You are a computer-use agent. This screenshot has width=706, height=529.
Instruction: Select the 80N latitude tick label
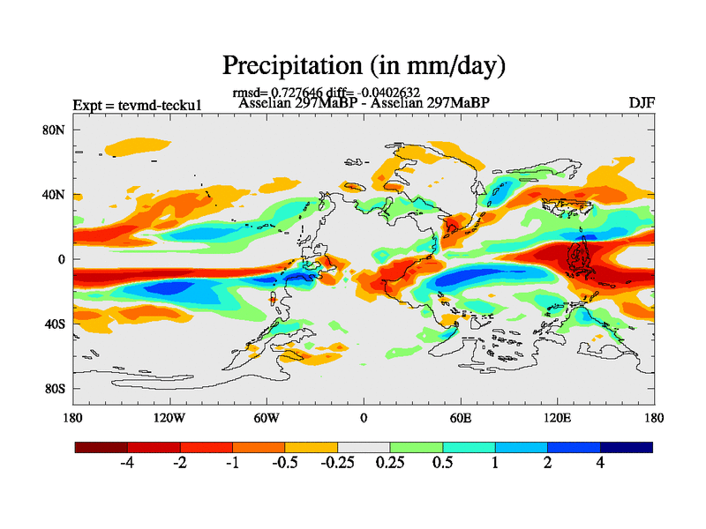tap(55, 130)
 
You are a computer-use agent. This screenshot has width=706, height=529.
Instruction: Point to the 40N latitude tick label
tap(55, 195)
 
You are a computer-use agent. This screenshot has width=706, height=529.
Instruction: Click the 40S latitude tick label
tap(55, 324)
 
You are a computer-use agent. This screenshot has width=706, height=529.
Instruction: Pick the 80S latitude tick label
tap(55, 389)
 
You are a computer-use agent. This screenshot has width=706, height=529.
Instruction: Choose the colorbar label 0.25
tap(389, 463)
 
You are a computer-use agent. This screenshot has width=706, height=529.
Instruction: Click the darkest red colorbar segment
tap(101, 447)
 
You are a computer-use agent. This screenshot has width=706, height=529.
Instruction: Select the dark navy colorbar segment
tap(626, 447)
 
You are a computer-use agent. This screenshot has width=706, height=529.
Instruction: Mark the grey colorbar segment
tap(364, 447)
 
